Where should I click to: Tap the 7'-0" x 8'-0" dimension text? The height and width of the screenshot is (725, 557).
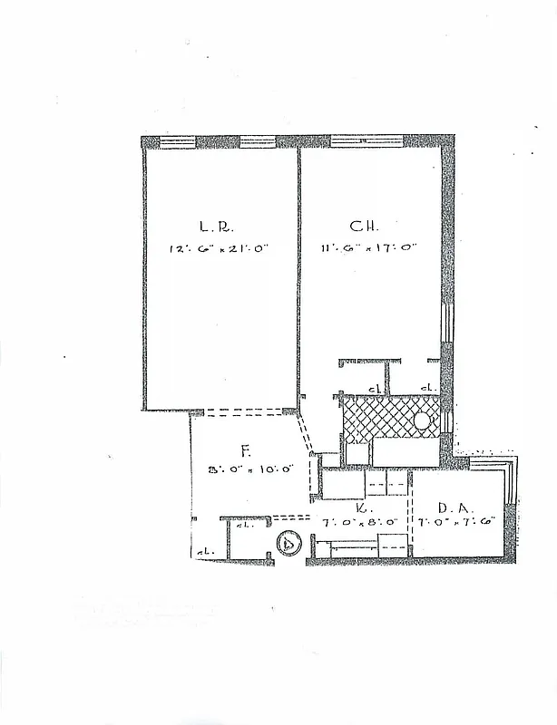click(360, 523)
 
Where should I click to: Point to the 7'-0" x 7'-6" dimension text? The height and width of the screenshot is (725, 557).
click(457, 522)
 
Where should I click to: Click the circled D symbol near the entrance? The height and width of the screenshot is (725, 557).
click(288, 545)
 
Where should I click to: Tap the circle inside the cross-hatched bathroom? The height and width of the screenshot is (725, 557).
click(423, 421)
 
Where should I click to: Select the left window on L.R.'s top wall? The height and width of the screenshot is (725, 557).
click(178, 141)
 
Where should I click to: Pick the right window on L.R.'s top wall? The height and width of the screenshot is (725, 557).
click(257, 141)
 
